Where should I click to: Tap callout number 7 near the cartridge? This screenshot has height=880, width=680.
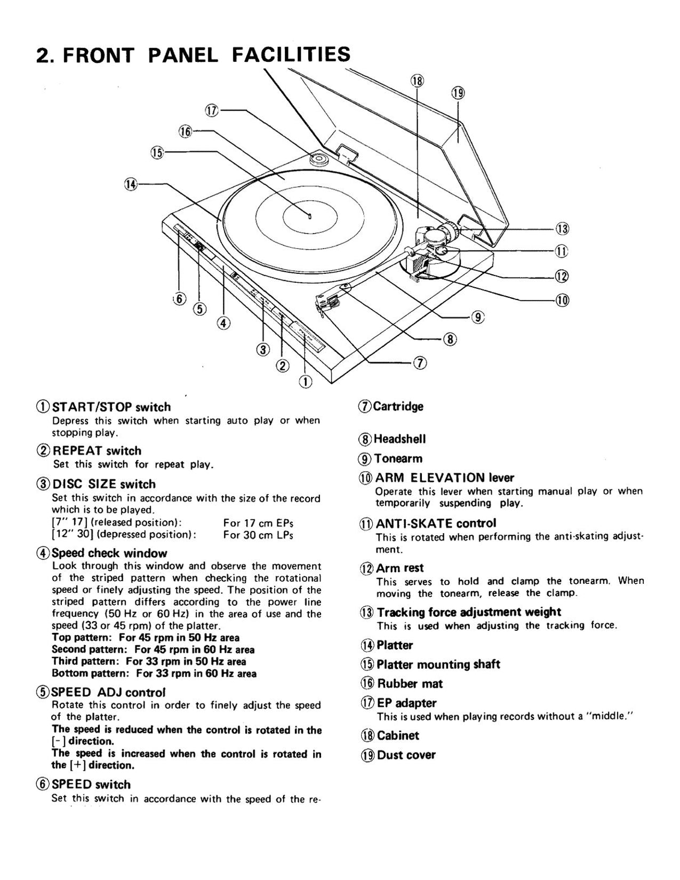click(420, 363)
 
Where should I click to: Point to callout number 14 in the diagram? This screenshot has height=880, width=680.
click(130, 184)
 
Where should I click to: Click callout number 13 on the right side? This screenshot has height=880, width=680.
click(562, 229)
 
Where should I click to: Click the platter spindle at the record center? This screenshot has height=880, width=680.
click(310, 216)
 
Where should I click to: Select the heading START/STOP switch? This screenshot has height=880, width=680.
click(111, 407)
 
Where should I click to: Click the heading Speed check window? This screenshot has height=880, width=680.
click(109, 553)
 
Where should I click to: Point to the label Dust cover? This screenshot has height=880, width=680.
click(406, 755)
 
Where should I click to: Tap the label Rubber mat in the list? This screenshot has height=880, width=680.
click(410, 684)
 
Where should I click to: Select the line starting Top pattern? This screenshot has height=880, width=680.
click(145, 638)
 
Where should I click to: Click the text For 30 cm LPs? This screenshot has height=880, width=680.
click(258, 535)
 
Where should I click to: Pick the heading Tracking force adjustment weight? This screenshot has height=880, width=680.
click(468, 612)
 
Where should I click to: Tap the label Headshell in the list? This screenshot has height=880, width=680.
click(399, 439)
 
